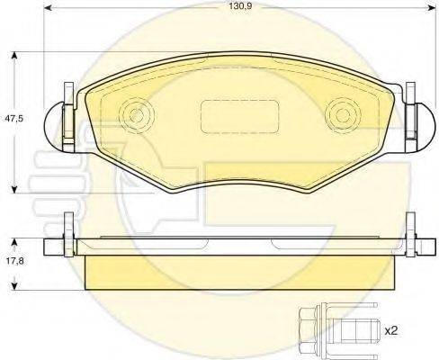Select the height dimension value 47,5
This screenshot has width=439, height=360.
[x=13, y=119]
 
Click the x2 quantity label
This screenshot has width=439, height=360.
[x=393, y=330]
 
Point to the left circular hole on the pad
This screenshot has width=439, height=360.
[x=136, y=115]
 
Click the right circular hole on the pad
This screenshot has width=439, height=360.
[x=341, y=115]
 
